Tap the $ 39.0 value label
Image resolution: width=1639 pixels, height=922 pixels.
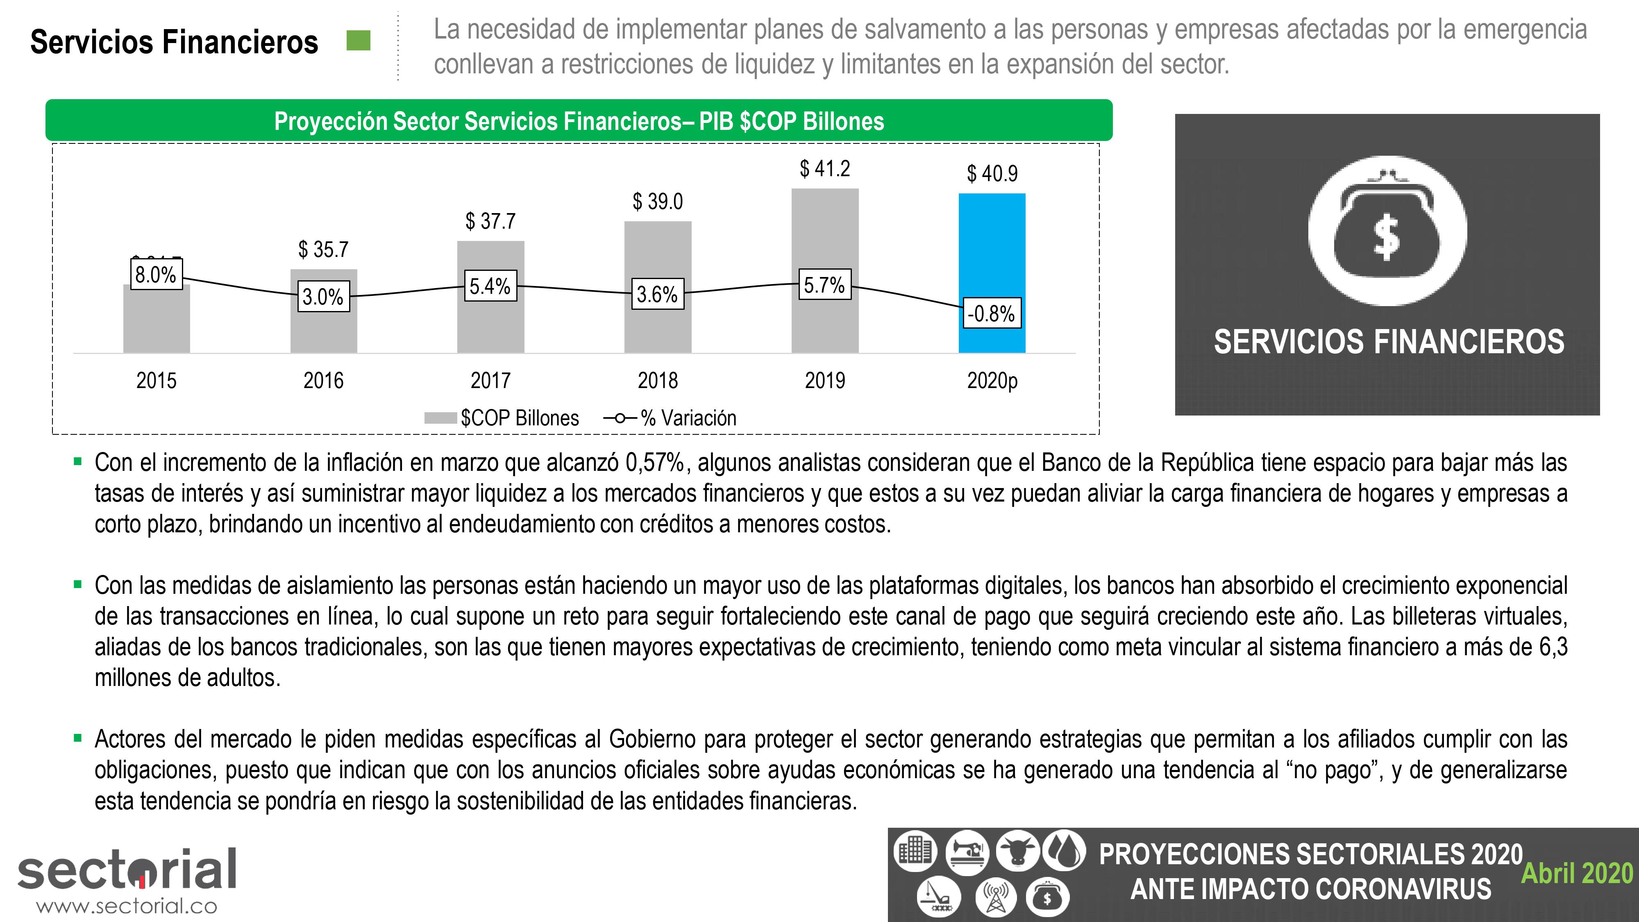pos(657,202)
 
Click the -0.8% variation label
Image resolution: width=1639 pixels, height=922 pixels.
pos(991,314)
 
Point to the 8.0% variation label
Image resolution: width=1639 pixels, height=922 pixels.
pos(156,275)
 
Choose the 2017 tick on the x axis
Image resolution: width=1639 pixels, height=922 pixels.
pos(490,381)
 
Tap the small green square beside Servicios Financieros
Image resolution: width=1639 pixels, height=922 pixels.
pos(358,41)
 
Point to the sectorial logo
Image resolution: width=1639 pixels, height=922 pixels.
pos(127,869)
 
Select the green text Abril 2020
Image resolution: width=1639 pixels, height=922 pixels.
pos(1577,873)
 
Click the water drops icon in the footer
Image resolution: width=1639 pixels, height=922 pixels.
pos(1063,850)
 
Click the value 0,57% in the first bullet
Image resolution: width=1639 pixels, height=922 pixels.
pos(655,463)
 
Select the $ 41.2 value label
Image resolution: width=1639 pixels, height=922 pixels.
pos(824,168)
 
